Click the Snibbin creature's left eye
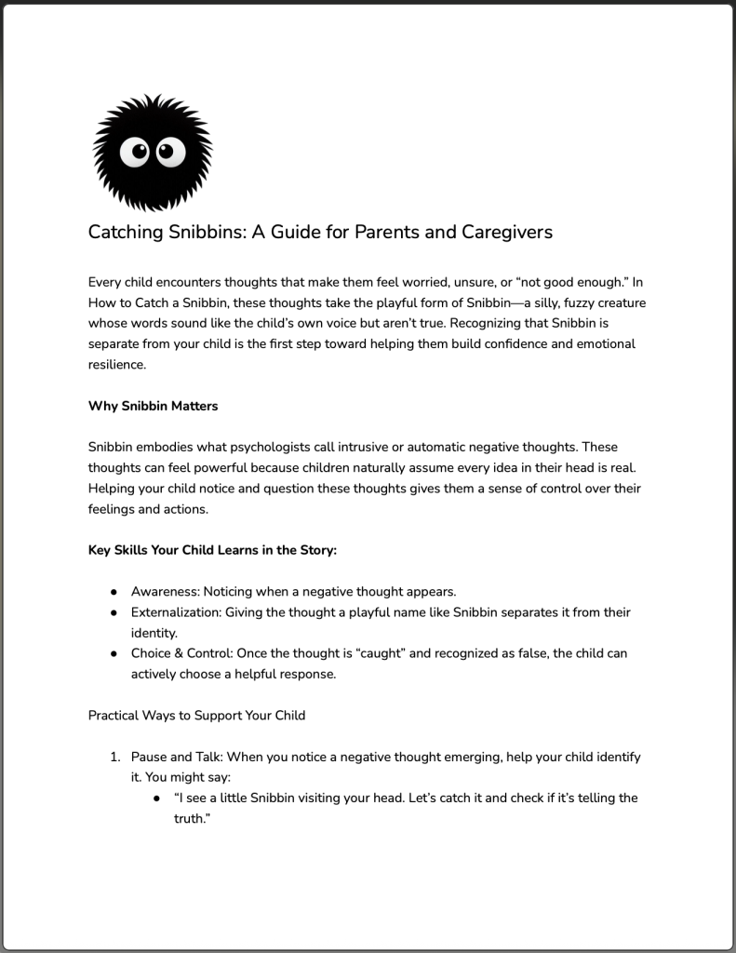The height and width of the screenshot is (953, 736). click(x=140, y=151)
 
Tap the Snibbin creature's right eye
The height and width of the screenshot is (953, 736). click(x=169, y=151)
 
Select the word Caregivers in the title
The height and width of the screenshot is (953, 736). click(x=507, y=232)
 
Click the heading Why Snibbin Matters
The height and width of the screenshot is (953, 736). click(x=153, y=406)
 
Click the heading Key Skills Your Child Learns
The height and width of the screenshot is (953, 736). click(x=212, y=549)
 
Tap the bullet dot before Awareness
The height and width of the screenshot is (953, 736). click(x=114, y=592)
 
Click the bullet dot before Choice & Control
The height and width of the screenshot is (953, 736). click(x=114, y=653)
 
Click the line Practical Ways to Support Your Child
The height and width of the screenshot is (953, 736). click(x=196, y=716)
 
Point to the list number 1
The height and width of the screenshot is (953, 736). click(x=116, y=758)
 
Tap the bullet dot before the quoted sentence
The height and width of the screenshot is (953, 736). click(x=157, y=799)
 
